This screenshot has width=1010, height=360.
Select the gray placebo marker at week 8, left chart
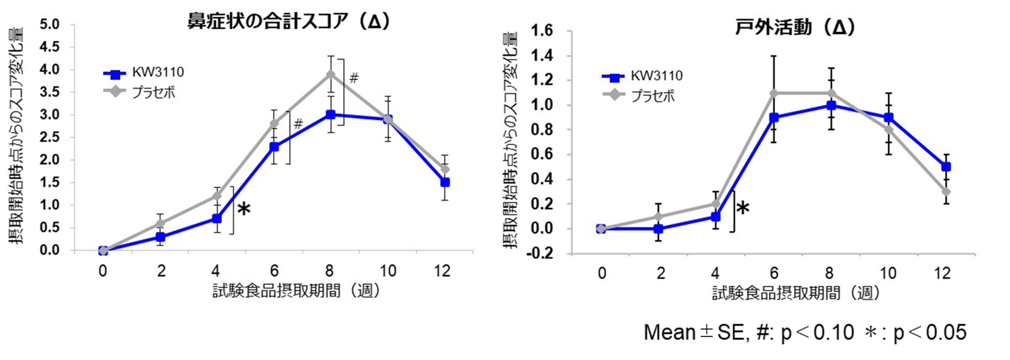pyautogui.click(x=331, y=74)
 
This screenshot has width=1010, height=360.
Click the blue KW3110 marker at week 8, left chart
pyautogui.click(x=331, y=115)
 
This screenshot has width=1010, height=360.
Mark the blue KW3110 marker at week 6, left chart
pyautogui.click(x=274, y=147)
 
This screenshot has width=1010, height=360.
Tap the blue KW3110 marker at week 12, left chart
pyautogui.click(x=445, y=182)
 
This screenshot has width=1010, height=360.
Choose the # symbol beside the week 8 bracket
pyautogui.click(x=354, y=78)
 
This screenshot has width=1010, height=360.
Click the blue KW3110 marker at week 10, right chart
pyautogui.click(x=889, y=118)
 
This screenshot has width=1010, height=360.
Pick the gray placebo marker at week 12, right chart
pyautogui.click(x=946, y=192)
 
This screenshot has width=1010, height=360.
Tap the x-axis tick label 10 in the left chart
pyautogui.click(x=388, y=271)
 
